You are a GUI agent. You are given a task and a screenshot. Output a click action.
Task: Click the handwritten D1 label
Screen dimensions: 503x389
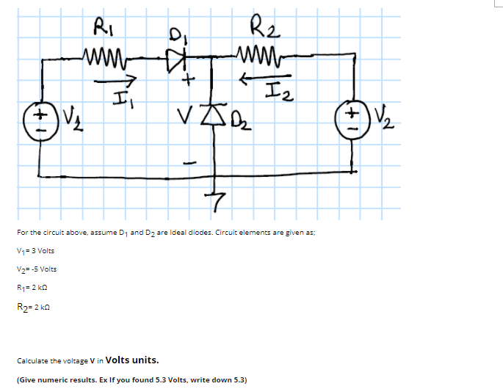point(175,34)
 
